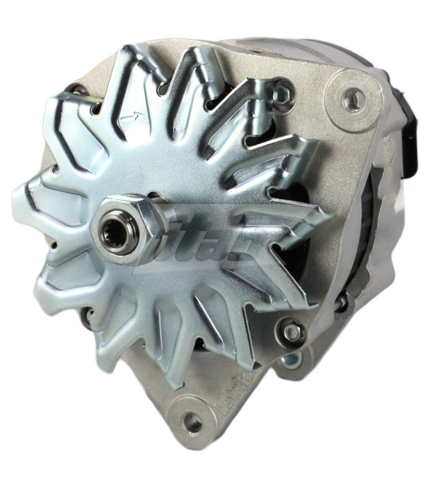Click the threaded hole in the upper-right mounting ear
pos(353,98)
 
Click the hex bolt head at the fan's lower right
pos(293,330)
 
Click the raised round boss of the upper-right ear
pos(353,98)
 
